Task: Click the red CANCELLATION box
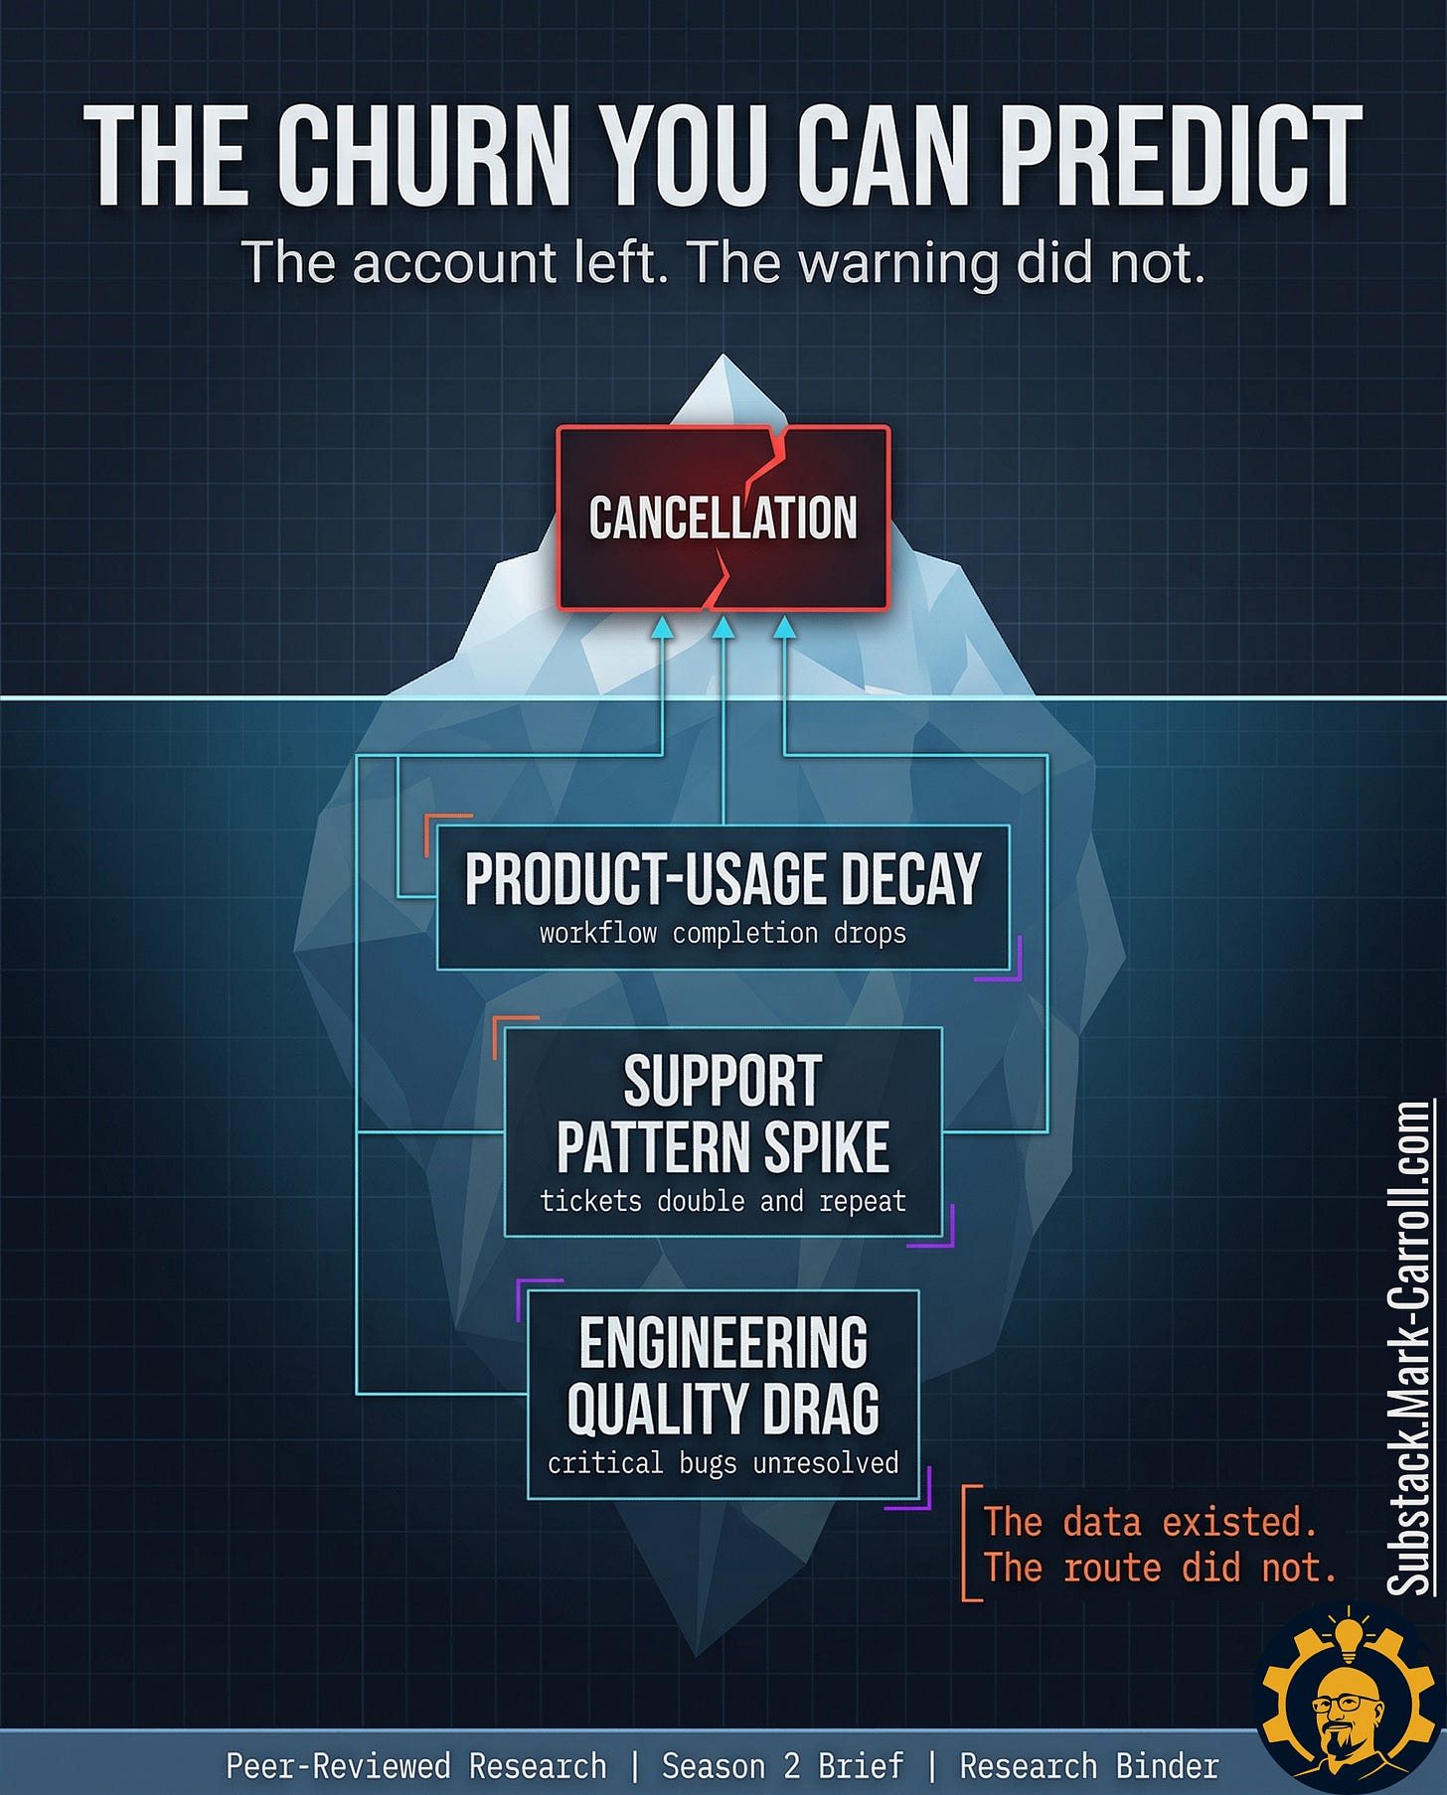(x=723, y=518)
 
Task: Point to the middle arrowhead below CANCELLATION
(x=723, y=628)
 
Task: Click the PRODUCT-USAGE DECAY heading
(x=723, y=879)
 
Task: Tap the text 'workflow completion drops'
(x=723, y=934)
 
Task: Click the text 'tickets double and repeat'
(x=723, y=1201)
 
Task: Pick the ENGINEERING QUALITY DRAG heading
(x=723, y=1376)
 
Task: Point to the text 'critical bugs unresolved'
(x=723, y=1463)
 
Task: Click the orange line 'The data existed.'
(x=1150, y=1522)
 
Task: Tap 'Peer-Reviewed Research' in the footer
(x=415, y=1766)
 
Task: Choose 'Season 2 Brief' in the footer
(x=783, y=1766)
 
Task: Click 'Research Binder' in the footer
(x=1088, y=1766)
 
